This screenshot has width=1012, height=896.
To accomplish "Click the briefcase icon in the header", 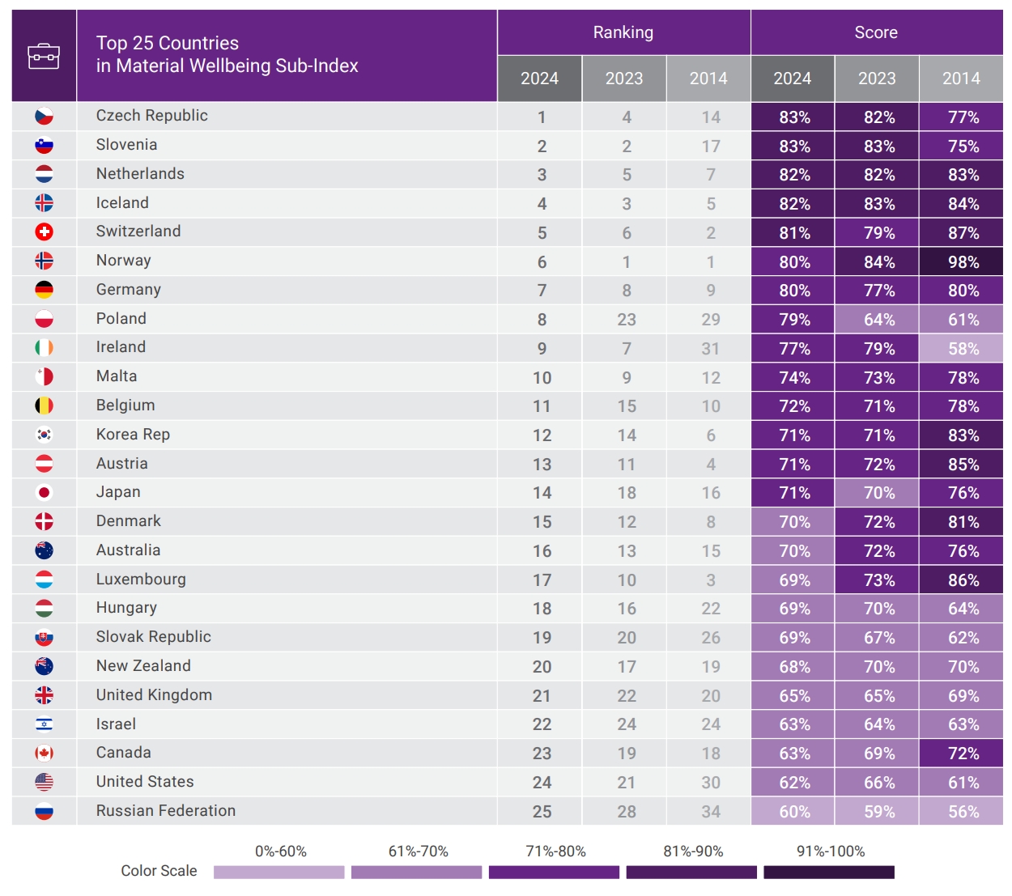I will [44, 56].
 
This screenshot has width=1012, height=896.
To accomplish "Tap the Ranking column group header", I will [623, 32].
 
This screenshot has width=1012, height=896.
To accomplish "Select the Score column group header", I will [876, 32].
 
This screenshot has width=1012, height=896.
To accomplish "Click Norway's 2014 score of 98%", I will [963, 262].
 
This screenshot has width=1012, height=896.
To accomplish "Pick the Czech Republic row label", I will [151, 116].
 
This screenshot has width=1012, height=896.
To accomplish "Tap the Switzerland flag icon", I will [44, 232].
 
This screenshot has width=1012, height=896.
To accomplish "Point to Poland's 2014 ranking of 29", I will [710, 320].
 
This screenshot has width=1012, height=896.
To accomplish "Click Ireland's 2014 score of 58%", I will [963, 349].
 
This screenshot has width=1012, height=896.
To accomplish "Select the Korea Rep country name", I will [133, 435].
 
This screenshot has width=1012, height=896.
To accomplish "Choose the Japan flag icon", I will [44, 493].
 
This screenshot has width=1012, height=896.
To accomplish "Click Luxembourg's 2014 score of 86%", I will [963, 580].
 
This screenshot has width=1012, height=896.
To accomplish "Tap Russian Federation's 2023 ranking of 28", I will [626, 812].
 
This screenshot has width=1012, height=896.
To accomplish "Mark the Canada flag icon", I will [44, 754].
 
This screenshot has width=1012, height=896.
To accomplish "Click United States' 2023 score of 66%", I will [878, 783].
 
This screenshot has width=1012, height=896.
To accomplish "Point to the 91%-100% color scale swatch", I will [829, 873].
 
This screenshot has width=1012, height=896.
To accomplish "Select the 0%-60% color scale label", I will [280, 851].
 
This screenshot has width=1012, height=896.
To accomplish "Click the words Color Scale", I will [159, 871].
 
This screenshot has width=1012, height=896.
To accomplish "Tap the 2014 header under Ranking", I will [708, 79].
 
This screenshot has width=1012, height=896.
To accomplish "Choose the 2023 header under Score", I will [876, 79].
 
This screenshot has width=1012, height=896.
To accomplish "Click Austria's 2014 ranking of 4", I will [710, 465].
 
